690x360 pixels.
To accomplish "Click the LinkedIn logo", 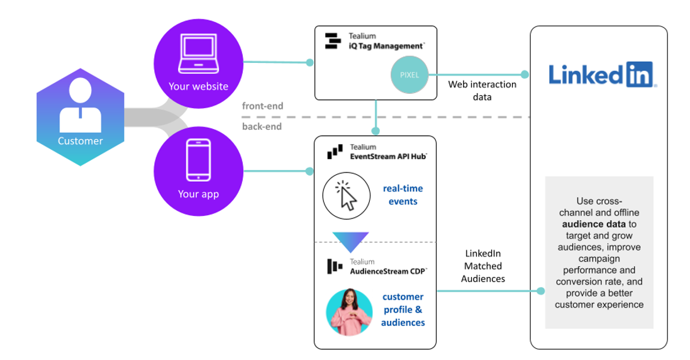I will (603, 74).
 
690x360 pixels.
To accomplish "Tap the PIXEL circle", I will (408, 75).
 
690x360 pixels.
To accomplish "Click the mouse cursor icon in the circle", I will (345, 195).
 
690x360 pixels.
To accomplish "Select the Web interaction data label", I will (482, 91).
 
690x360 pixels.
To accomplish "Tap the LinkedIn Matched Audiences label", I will (483, 266).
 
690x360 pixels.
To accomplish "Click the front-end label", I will (262, 106).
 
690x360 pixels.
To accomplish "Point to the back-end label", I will (262, 127).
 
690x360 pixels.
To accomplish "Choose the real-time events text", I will (403, 195).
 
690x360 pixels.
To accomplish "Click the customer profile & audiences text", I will (403, 310).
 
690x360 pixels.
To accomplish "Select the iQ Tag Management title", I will (387, 45).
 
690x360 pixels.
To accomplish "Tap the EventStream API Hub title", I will (389, 155).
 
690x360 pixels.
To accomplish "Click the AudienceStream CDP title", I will (388, 271).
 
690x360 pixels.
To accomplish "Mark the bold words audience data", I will (593, 223).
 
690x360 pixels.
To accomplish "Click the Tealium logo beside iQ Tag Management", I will (332, 41).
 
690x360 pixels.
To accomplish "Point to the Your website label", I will (198, 86).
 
